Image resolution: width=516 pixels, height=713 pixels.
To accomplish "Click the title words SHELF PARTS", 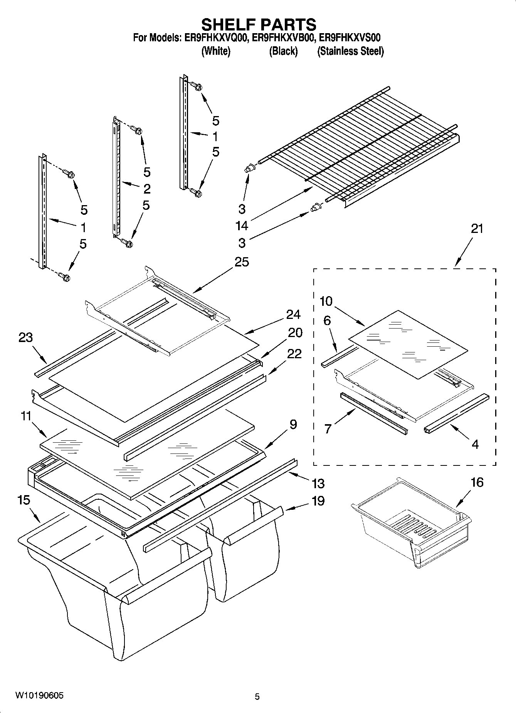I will point(259,24).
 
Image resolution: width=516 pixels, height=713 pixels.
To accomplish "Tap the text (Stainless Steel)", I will point(350,51).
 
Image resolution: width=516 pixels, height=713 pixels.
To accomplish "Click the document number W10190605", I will point(40,696).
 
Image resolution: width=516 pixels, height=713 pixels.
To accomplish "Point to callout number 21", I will point(477,229).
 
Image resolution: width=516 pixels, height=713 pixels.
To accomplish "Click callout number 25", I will point(242,262).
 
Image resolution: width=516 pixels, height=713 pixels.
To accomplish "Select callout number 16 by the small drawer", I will point(477,482).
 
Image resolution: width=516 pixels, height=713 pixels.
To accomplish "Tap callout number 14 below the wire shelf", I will point(242,226).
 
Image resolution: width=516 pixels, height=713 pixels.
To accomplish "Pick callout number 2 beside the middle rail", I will point(146,189).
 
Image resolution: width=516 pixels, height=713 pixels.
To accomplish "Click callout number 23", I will point(25,338).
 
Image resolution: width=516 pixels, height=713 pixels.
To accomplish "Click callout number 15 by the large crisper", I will point(24,501).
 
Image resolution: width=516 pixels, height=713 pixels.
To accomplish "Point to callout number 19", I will point(318,501).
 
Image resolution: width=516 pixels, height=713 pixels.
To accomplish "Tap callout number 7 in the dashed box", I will point(328,429).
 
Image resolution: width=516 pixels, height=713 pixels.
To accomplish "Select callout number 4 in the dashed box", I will point(475,444).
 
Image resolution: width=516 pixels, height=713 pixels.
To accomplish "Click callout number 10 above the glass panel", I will point(326,301).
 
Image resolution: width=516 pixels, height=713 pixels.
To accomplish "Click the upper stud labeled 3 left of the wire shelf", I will point(250,169).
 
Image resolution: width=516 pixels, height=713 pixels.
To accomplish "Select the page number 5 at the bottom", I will point(257,696).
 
